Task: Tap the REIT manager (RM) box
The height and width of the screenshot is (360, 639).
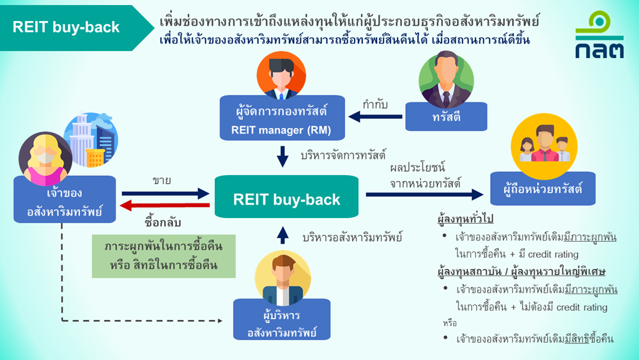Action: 282,118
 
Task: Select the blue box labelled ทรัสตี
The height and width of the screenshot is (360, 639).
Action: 446,116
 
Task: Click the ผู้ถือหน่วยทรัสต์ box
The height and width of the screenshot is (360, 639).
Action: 543,189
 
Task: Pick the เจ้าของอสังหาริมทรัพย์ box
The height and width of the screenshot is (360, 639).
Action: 65,200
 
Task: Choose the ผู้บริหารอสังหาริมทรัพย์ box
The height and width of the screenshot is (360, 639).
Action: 282,319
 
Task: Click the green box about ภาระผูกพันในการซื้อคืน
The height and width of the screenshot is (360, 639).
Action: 164,256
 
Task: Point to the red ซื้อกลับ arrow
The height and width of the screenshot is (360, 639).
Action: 166,205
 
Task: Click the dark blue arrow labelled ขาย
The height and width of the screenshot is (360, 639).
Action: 166,194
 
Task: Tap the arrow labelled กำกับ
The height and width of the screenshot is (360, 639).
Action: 375,117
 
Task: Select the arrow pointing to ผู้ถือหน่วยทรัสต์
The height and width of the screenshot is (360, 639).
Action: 425,194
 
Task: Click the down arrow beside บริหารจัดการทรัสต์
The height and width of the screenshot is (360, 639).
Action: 282,157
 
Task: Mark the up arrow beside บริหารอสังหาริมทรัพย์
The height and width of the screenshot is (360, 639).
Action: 282,235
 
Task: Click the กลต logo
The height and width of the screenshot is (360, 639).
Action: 599,35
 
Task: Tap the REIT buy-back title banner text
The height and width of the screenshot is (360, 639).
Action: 66,27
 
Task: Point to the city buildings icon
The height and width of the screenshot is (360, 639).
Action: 91,139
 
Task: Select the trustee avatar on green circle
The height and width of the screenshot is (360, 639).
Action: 446,79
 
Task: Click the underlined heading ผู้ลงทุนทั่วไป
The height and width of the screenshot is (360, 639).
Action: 465,219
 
